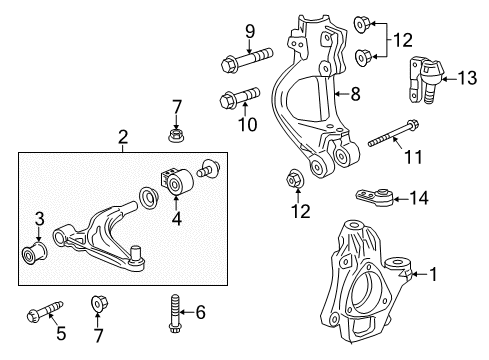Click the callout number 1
(433, 271)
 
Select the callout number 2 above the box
(123, 136)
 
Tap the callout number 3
(39, 218)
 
